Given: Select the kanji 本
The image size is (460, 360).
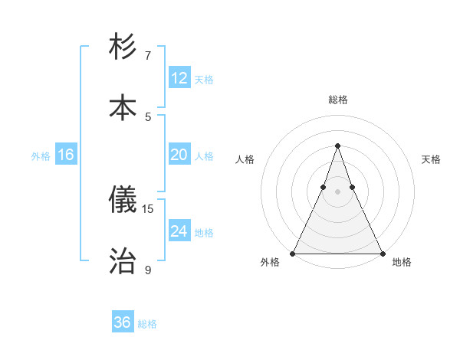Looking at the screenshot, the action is pyautogui.click(x=123, y=107).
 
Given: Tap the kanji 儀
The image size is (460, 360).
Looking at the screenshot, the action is pyautogui.click(x=123, y=201).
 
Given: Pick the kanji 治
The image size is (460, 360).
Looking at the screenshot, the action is pyautogui.click(x=123, y=260).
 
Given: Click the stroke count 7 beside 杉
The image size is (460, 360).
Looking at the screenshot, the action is pyautogui.click(x=148, y=56).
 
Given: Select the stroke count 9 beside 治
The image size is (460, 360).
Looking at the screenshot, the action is pyautogui.click(x=148, y=269).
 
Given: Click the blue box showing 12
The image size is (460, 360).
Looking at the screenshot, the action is pyautogui.click(x=179, y=78).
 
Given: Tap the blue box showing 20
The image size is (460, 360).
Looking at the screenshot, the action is pyautogui.click(x=179, y=155).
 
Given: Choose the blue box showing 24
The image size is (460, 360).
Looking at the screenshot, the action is pyautogui.click(x=179, y=231).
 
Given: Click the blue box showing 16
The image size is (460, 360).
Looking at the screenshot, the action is pyautogui.click(x=66, y=155).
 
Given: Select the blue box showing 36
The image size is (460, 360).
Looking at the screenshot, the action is pyautogui.click(x=123, y=322).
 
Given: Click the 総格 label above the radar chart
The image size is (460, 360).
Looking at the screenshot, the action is pyautogui.click(x=337, y=100).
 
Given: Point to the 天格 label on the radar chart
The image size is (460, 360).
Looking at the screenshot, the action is pyautogui.click(x=431, y=159).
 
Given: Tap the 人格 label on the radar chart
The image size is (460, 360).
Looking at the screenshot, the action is pyautogui.click(x=245, y=159).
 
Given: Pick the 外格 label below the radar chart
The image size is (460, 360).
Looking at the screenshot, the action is pyautogui.click(x=270, y=263).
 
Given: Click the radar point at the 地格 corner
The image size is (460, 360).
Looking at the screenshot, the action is pyautogui.click(x=382, y=253).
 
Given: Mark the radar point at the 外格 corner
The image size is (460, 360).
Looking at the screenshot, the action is pyautogui.click(x=293, y=253).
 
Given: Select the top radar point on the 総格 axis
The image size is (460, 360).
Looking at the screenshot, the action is pyautogui.click(x=337, y=146).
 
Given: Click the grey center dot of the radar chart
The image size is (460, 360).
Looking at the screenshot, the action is pyautogui.click(x=337, y=191).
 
